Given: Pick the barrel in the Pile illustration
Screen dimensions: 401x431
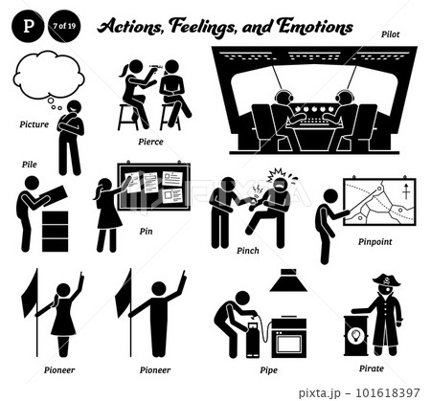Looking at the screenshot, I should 56,231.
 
